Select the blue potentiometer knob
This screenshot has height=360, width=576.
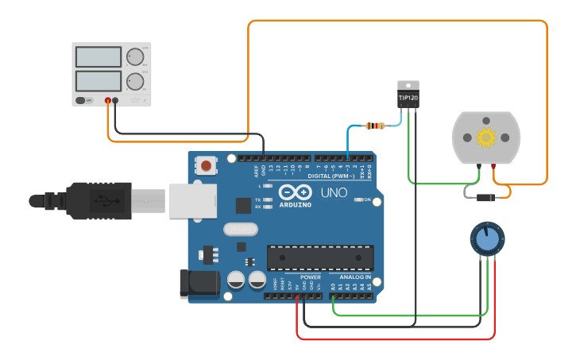pos(486,238)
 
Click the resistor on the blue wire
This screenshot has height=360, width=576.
pos(374,126)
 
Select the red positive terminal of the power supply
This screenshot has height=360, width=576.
pos(109,100)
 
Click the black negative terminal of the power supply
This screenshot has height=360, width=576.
pos(116,100)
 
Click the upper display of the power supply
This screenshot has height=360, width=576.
pos(99,56)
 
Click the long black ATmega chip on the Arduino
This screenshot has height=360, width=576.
pos(320,257)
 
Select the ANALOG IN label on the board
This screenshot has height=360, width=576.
pos(355,277)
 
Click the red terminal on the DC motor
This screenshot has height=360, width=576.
pos(494,167)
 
